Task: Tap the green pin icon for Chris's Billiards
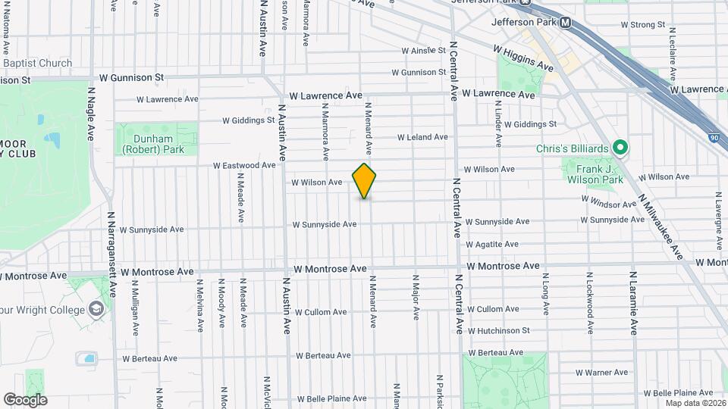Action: (x=620, y=148)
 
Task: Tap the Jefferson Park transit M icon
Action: (x=565, y=23)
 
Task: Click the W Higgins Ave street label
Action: (x=523, y=58)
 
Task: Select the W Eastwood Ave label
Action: (x=244, y=165)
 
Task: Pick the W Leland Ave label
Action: (x=423, y=137)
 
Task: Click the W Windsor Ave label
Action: (x=608, y=203)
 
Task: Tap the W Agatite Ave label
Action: (x=492, y=245)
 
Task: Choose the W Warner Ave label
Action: (x=601, y=373)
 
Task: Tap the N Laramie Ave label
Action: (x=633, y=303)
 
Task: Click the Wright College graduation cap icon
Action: (x=96, y=308)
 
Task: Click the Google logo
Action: (x=25, y=400)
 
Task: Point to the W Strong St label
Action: (x=642, y=25)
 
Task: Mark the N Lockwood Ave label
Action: (x=589, y=303)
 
